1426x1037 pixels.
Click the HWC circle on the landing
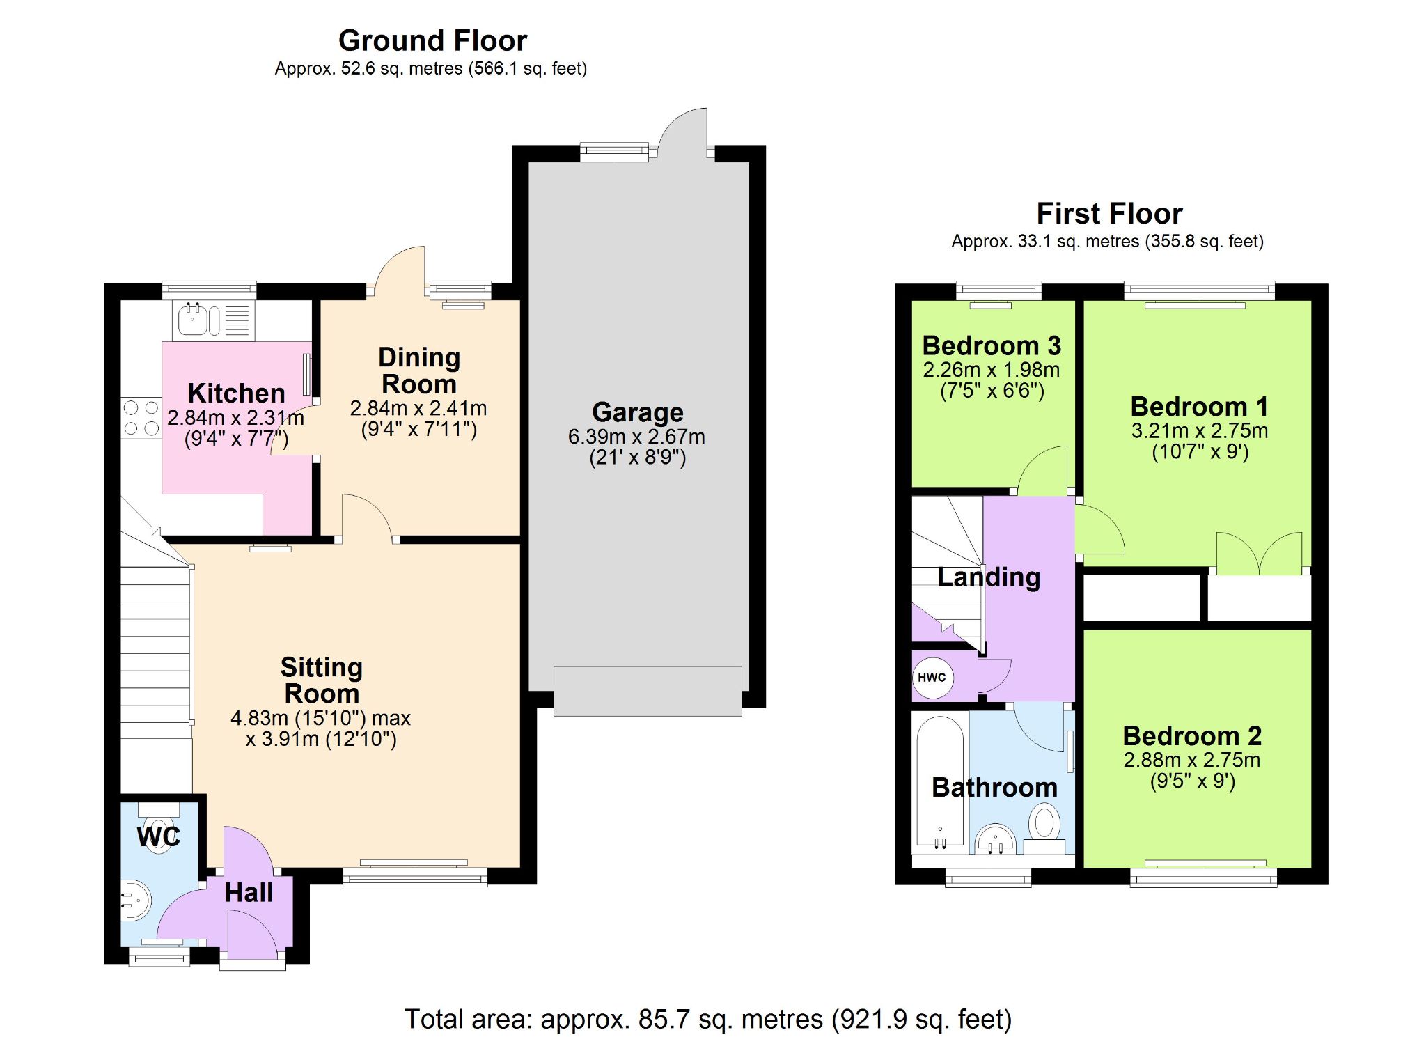tap(932, 678)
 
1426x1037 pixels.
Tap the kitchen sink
tap(214, 320)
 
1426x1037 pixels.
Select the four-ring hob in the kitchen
tap(141, 418)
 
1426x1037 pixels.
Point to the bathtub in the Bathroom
tap(940, 784)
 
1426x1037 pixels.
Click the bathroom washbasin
tap(996, 839)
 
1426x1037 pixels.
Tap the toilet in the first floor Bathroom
tap(1044, 829)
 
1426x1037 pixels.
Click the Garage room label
tap(638, 412)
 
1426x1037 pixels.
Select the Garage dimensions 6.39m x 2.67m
tap(636, 437)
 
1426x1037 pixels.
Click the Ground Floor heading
tap(432, 40)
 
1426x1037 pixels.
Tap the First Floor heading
tap(1109, 213)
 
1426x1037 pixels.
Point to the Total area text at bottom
tap(708, 1019)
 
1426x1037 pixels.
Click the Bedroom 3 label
tap(992, 345)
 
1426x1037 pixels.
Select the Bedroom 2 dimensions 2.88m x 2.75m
tap(1192, 760)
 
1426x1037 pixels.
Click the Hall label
tap(249, 893)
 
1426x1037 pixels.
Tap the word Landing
tap(989, 577)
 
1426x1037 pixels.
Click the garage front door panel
tap(648, 691)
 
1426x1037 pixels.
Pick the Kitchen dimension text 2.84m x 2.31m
tap(236, 418)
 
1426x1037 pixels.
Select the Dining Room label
tap(419, 371)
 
